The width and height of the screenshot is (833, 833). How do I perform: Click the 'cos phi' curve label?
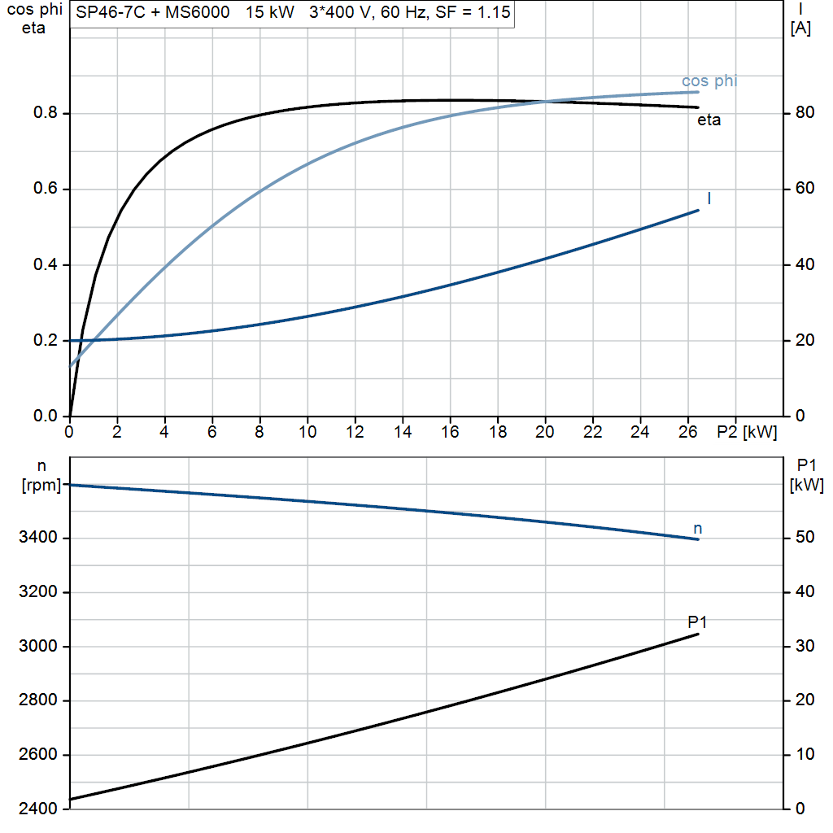click(x=709, y=81)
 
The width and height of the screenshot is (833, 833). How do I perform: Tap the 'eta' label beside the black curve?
click(x=709, y=120)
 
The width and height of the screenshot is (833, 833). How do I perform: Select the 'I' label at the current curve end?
click(x=709, y=198)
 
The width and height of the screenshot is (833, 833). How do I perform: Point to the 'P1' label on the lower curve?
click(x=697, y=622)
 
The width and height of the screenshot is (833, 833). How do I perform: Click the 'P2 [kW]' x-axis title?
click(x=747, y=432)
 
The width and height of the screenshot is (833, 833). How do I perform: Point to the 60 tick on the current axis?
click(x=801, y=189)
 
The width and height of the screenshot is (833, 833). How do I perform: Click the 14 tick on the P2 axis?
click(x=403, y=432)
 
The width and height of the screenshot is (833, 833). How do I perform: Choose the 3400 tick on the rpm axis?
click(x=39, y=539)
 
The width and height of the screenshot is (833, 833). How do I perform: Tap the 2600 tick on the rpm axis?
click(x=39, y=755)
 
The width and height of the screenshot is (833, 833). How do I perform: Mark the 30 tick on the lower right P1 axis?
click(x=802, y=647)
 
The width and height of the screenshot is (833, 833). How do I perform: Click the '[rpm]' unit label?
click(x=41, y=486)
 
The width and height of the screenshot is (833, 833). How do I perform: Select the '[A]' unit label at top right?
click(x=800, y=28)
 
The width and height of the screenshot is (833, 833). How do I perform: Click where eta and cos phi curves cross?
click(x=543, y=102)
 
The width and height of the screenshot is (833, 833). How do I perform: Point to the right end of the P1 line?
click(x=698, y=634)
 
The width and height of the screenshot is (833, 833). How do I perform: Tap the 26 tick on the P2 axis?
click(x=688, y=432)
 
